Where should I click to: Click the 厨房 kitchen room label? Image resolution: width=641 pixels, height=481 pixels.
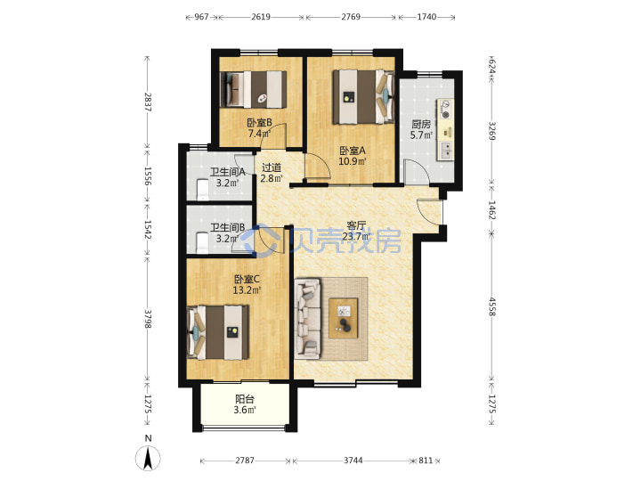pos(421,124)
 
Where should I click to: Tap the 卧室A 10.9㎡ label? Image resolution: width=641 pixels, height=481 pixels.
pos(353,156)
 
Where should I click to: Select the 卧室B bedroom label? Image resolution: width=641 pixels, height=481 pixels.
pos(260,122)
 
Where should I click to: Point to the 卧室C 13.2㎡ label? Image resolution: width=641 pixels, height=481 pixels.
pos(247,285)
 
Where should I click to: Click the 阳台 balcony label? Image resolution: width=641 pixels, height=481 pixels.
pos(245,399)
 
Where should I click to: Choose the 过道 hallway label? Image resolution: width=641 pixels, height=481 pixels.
pos(272,167)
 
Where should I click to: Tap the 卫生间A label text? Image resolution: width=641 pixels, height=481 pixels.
pos(227,172)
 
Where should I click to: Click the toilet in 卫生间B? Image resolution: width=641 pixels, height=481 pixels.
pos(202,243)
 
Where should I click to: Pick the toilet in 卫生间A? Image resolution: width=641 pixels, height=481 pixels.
pos(203,190)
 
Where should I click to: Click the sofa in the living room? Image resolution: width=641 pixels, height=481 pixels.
pos(308,319)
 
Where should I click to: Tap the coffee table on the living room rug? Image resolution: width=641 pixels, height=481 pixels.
pos(344,318)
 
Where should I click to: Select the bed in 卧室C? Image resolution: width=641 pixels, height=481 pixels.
pos(218,332)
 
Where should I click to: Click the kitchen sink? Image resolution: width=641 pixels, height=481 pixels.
pos(445,151)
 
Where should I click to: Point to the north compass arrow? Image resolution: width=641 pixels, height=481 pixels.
pos(148,458)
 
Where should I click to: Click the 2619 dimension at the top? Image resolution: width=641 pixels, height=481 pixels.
pos(261,17)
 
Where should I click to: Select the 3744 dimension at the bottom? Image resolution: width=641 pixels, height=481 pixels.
pos(353,461)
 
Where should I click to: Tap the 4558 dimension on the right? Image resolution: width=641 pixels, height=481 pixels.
pos(491,306)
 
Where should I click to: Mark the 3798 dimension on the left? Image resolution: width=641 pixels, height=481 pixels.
pos(148,319)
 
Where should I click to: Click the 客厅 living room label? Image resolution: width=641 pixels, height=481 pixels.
pos(356,225)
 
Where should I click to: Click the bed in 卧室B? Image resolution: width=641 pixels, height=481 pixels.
pos(253,90)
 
